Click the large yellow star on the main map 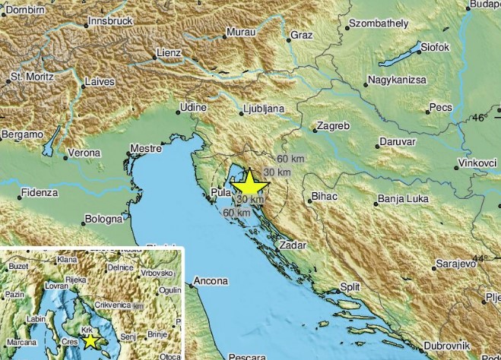[249, 184]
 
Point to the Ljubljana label [264, 109]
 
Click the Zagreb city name [332, 124]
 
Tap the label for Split [350, 287]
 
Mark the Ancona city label [211, 281]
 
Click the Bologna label [103, 219]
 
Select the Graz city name [302, 35]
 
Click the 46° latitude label [480, 118]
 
